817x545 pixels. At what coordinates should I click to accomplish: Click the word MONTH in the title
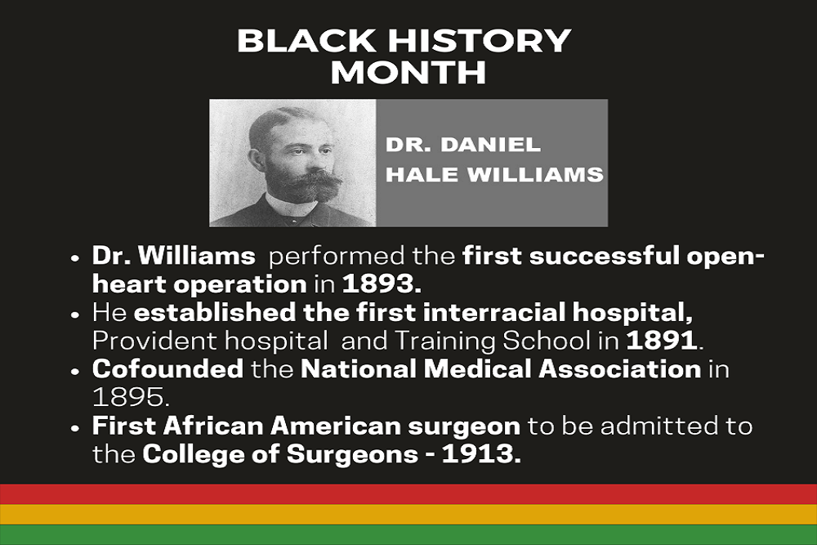coord(408,73)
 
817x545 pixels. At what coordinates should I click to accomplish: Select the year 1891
coord(662,341)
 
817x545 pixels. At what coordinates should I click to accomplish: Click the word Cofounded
coord(167,369)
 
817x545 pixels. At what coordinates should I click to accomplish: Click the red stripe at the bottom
coord(408,494)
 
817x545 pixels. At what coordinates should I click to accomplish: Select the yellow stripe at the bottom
coord(408,514)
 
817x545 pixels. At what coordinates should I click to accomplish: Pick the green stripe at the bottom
coord(408,534)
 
